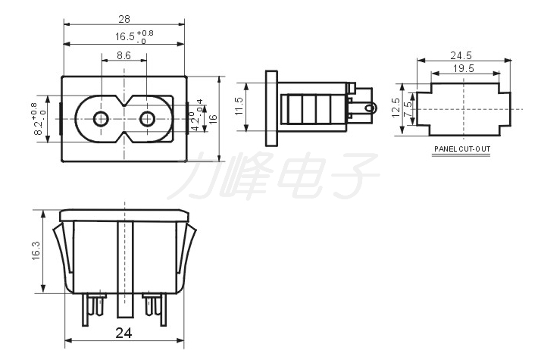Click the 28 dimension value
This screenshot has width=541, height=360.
click(x=124, y=19)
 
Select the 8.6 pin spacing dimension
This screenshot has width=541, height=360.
click(x=124, y=55)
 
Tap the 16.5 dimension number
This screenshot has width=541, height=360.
click(x=125, y=36)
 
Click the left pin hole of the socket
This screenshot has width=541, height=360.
click(x=101, y=119)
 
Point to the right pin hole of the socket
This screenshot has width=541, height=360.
click(x=147, y=119)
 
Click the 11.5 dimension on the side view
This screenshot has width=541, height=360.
click(x=239, y=106)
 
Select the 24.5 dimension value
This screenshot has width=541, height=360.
click(x=461, y=55)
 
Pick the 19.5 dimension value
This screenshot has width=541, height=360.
click(x=464, y=68)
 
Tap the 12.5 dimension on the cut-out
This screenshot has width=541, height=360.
click(x=396, y=108)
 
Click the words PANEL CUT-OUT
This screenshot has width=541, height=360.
click(x=462, y=149)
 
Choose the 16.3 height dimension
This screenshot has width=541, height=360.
click(x=36, y=250)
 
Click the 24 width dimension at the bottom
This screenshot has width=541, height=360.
click(x=124, y=333)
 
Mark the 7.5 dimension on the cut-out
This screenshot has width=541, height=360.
click(x=408, y=109)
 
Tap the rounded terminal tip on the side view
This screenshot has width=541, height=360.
click(x=371, y=108)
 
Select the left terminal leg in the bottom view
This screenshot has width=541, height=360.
click(x=85, y=309)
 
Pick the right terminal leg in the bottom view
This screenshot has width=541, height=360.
click(x=163, y=309)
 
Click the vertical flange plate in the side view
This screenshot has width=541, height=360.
click(x=271, y=108)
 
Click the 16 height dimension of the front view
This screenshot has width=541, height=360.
click(x=213, y=119)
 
